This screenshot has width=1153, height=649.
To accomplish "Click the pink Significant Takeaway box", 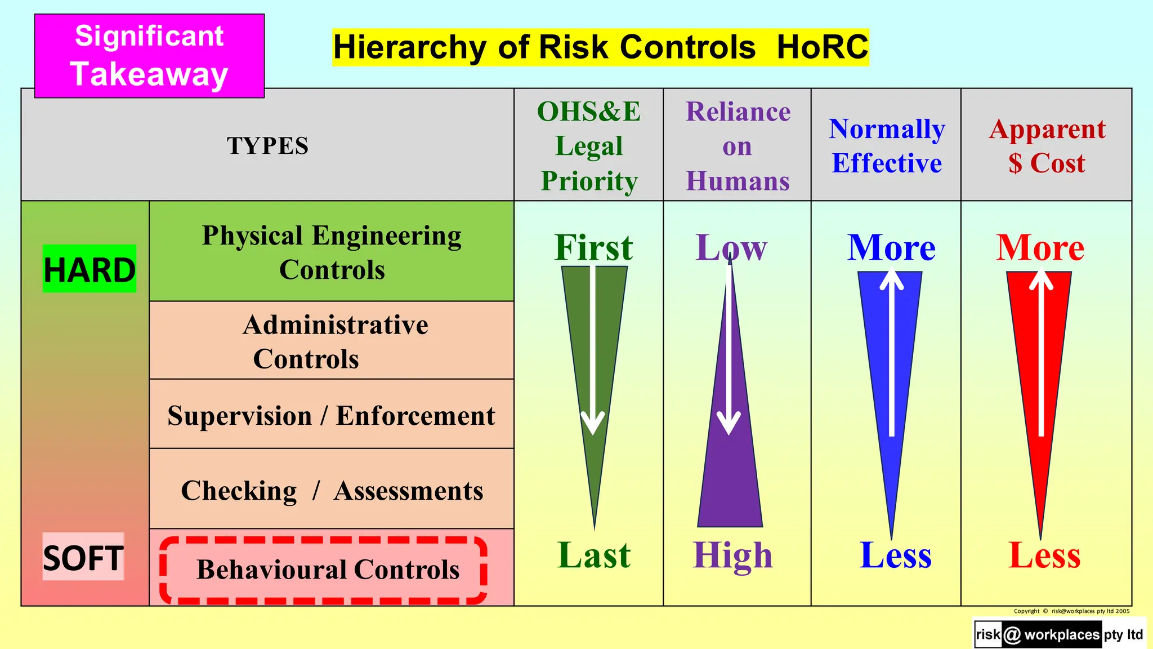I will (x=149, y=56).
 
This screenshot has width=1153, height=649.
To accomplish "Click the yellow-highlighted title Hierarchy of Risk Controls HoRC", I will (x=600, y=47).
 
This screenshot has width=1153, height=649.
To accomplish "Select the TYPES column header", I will (x=267, y=145).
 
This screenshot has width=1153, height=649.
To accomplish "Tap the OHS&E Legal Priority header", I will (x=589, y=145).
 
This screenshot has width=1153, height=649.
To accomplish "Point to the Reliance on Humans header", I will (x=738, y=145).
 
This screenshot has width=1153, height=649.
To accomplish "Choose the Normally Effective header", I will (x=887, y=145).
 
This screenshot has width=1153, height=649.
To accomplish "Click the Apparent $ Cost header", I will (x=1047, y=145).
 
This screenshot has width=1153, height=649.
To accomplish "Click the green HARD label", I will (x=90, y=269).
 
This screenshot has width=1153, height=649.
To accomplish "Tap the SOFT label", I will (x=83, y=557).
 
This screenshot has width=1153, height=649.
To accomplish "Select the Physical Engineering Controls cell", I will (x=332, y=252).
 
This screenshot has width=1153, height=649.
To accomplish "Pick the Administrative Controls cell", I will (x=332, y=341).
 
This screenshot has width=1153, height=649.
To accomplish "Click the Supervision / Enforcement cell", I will (x=332, y=415).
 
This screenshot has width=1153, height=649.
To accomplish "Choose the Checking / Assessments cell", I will (x=332, y=490).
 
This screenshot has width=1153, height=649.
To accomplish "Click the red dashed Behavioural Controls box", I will (x=324, y=570).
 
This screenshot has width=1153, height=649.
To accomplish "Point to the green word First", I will (x=593, y=247).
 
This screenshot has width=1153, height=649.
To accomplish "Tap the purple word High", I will (x=732, y=555).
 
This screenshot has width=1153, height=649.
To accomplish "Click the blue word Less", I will (x=895, y=555).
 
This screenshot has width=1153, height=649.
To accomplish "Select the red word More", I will (x=1040, y=247).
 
